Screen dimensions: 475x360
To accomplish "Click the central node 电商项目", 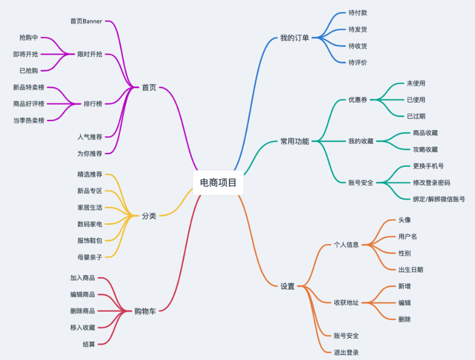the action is coord(218,182).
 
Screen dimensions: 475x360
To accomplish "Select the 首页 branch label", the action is coord(149,87).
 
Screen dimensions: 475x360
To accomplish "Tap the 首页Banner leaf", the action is coord(86,21).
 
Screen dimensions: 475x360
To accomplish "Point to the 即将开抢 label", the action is coord(26,54).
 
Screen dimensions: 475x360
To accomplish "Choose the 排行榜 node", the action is coord(93,104).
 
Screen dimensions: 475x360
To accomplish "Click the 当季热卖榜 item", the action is coord(29,121).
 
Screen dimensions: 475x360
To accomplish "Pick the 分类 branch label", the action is coord(149,216).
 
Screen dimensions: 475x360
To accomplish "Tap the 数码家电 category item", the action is coord(90,224).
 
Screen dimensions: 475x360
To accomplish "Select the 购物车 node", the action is coord(145,311).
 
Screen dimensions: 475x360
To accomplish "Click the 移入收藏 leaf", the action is coord(83,327).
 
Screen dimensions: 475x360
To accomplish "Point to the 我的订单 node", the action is coord(295,38).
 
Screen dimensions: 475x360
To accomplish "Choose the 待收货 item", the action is coord(358,46).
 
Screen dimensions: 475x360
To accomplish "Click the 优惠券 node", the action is coord(358,99).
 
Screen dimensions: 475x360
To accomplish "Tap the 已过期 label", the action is coord(416,116).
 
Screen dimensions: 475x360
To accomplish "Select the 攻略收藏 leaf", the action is coord(426,149).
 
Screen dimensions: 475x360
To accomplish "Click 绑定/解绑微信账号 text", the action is coord(439,199).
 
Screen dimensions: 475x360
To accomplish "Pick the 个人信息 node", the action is coord(346,245).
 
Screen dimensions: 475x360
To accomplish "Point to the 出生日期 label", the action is coord(411,270).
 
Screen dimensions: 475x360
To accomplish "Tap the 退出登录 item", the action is coord(346,352).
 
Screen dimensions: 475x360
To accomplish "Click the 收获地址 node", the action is coord(346,303).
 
